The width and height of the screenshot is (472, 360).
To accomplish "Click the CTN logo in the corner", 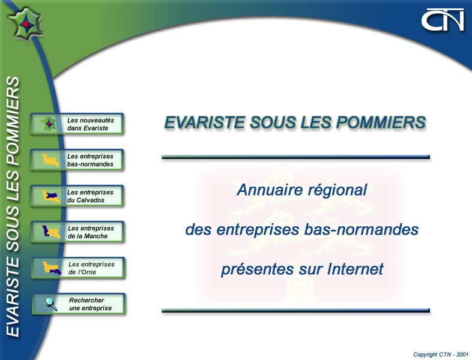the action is (443, 20).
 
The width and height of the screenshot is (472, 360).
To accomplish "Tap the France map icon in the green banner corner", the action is (25, 23).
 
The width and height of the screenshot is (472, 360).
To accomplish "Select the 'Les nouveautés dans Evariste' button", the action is (77, 124).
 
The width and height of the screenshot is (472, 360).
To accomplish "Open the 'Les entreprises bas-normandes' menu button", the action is (77, 160).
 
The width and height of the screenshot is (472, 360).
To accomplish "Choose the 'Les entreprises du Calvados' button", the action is (77, 196).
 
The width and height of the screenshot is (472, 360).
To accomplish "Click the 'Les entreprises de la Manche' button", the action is (77, 232).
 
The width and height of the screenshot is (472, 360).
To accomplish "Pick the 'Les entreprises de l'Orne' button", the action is (78, 268).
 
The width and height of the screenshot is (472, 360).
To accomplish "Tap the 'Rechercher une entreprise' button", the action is (79, 304).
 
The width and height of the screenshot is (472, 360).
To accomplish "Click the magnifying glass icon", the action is (51, 304).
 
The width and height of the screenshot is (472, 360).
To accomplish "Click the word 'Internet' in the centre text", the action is (356, 269).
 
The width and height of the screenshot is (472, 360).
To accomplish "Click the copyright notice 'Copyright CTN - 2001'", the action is (441, 355).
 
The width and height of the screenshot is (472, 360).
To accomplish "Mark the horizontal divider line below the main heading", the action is (295, 157).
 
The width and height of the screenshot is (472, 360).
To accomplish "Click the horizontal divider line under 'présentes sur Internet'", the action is (295, 310).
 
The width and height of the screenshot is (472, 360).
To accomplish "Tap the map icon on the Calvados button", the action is (50, 196).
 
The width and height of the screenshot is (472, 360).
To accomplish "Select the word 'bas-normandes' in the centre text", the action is (362, 229).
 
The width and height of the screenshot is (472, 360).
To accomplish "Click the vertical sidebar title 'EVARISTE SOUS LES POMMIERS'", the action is (13, 206).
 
